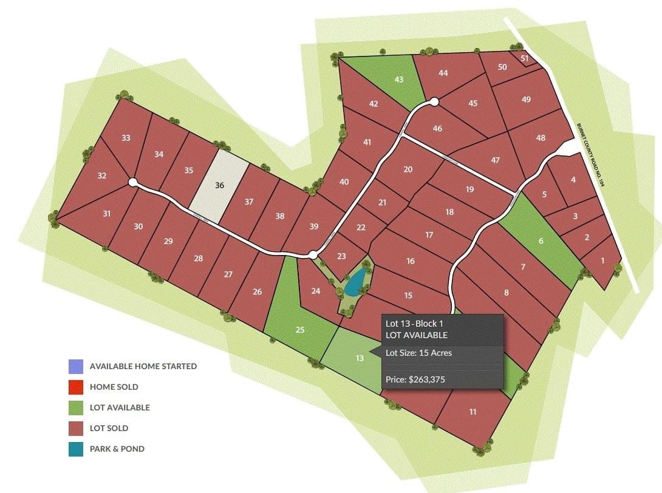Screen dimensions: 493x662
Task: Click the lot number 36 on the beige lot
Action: point(220,185)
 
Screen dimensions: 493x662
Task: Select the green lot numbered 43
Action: point(399,80)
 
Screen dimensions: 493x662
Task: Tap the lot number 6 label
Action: point(541,241)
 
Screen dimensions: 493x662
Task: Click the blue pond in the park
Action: point(355,283)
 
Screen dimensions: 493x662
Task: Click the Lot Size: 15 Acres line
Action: point(418,352)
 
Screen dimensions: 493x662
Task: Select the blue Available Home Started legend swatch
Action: point(76,366)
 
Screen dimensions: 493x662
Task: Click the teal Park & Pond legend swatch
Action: point(76,449)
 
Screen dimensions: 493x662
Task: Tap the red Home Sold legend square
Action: point(76,387)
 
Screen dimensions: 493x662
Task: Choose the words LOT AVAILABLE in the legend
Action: point(120,407)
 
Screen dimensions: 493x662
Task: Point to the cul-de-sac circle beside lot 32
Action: point(133,182)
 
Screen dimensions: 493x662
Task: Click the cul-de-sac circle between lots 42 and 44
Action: point(434,103)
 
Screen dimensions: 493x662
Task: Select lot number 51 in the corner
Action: point(525,58)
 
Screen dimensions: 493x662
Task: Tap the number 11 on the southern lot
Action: point(473,412)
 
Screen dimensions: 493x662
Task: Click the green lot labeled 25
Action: point(299,330)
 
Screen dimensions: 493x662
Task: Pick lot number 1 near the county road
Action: point(602,260)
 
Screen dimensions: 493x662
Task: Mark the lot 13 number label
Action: point(360,358)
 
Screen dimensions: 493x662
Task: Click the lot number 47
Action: point(495,160)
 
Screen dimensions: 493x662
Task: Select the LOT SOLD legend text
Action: point(109,428)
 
